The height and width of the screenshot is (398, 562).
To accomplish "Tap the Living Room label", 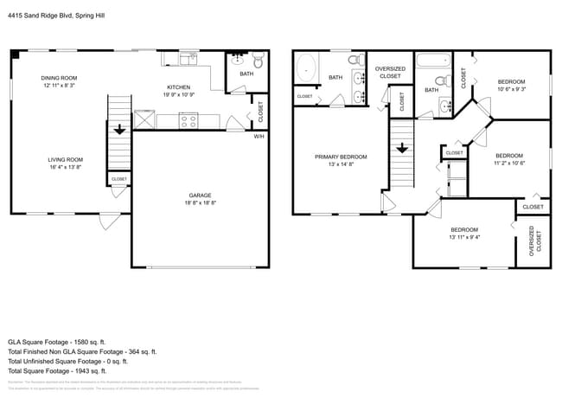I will coord(65,159).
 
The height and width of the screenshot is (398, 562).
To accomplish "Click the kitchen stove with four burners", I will coord(189,121).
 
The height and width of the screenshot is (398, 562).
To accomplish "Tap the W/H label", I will coord(259,136).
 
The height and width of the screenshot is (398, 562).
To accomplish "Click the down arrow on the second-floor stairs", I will coord(401,147).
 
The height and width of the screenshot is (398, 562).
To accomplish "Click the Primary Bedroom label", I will coord(340,157).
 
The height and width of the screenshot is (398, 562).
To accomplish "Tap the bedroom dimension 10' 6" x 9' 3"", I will coord(510,88).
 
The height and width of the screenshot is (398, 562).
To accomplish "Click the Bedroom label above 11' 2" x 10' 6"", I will coord(509,155).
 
